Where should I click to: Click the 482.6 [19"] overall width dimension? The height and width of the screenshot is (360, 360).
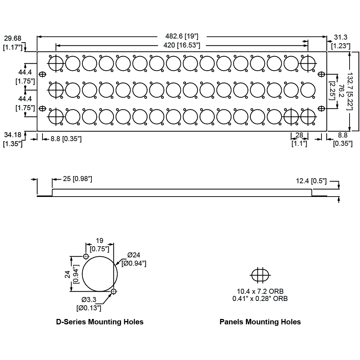[181, 36]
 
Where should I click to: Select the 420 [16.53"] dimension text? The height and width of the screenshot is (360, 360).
[181, 45]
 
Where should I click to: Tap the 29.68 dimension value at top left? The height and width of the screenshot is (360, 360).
[13, 38]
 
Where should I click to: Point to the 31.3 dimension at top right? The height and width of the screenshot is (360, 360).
[341, 37]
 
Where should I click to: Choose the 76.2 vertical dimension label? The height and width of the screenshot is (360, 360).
[341, 91]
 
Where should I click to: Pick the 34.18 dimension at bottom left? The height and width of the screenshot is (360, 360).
[13, 135]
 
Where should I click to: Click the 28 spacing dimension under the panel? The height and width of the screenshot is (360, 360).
[300, 135]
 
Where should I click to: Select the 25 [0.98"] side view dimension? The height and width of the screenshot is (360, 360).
[77, 179]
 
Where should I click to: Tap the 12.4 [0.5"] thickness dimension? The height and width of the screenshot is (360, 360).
[311, 181]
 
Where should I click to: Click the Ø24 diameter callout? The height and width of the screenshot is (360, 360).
[134, 255]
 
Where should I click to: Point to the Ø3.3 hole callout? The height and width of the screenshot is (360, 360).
[89, 300]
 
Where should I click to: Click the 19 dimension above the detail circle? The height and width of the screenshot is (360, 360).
[100, 240]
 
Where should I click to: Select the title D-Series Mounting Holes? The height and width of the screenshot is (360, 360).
[100, 322]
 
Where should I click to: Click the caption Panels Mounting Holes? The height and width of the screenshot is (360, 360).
[260, 322]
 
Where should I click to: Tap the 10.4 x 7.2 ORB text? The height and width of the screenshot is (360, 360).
[260, 291]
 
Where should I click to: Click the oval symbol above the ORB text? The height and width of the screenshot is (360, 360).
[260, 275]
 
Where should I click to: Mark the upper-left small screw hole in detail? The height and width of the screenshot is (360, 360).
[86, 256]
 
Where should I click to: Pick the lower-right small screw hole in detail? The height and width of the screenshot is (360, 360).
[114, 292]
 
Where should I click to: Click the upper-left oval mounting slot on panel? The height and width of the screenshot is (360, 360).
[42, 75]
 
